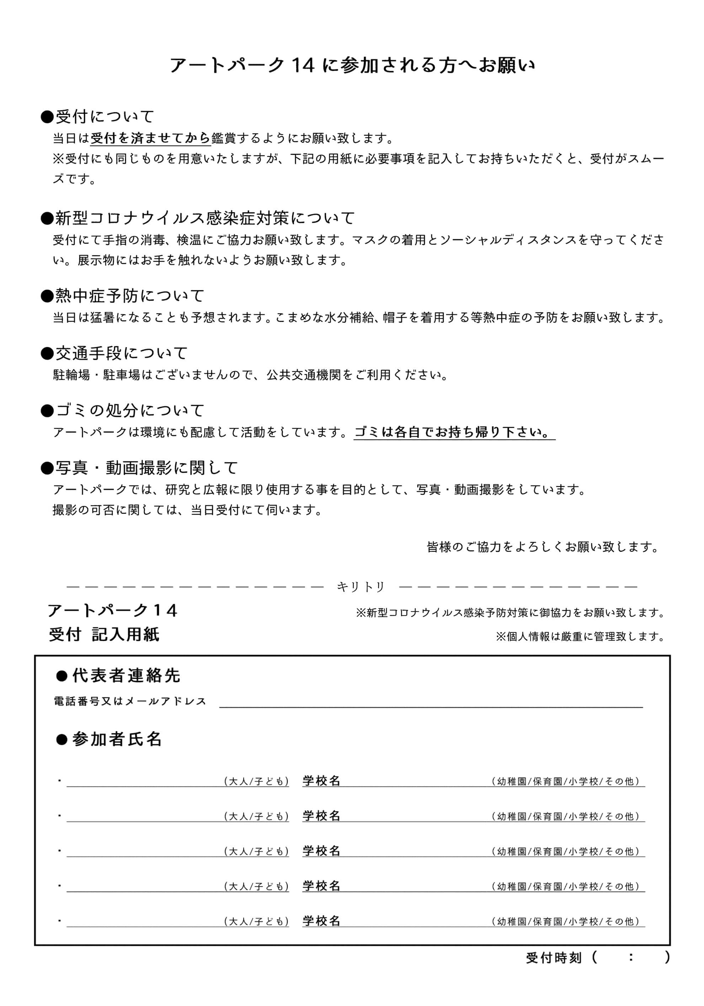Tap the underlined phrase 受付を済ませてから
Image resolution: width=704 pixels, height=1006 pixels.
(150, 138)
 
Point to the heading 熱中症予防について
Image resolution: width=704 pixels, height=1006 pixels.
(129, 296)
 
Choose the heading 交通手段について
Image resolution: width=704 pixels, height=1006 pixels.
(121, 353)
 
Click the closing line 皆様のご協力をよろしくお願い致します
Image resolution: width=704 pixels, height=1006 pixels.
(543, 547)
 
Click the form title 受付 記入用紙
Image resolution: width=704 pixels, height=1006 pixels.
(104, 634)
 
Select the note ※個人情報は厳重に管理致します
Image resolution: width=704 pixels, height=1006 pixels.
(580, 636)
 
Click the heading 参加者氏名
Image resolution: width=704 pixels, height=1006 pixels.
(117, 739)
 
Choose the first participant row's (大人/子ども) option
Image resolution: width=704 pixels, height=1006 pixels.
(256, 781)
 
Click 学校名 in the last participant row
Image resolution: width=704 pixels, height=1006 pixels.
(321, 921)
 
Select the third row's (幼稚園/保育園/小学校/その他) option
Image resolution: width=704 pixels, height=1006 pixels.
(566, 851)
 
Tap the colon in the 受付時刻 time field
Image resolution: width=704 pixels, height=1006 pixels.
(630, 957)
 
